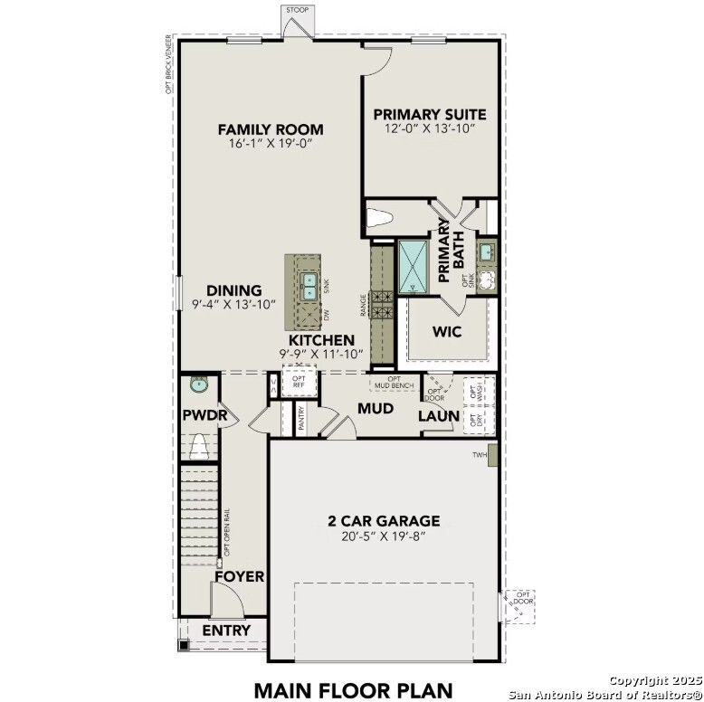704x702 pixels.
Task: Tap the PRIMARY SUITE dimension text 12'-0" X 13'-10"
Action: point(430,129)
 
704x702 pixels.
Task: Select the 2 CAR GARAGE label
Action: point(384,520)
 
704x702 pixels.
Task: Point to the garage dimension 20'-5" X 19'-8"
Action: point(384,536)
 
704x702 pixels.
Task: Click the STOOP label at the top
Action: point(297,10)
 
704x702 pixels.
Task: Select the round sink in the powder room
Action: point(198,384)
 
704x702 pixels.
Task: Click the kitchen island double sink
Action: point(309,285)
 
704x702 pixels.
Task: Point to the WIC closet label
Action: point(447,331)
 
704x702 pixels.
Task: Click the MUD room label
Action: point(375,409)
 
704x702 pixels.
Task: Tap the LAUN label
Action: point(436,416)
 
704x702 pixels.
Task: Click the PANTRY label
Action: point(301,417)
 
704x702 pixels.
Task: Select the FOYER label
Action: point(239,576)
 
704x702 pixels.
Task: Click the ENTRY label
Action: point(225,630)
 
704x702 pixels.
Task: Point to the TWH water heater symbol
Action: point(492,454)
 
